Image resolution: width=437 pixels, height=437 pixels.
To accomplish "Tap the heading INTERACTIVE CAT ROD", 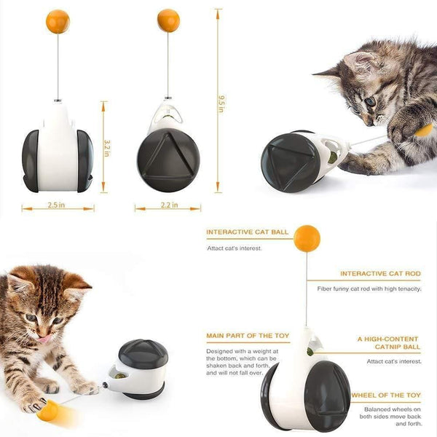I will coord(380,274).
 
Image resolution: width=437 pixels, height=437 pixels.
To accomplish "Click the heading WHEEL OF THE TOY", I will coord(386,395).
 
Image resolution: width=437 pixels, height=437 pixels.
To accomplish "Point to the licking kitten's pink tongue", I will coord(44,338).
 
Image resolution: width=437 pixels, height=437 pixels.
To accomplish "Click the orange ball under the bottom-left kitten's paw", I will coord(50,412).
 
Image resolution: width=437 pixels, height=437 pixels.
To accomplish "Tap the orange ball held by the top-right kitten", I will coord(422,130).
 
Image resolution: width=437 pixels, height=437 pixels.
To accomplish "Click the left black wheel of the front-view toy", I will coord(31,160).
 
